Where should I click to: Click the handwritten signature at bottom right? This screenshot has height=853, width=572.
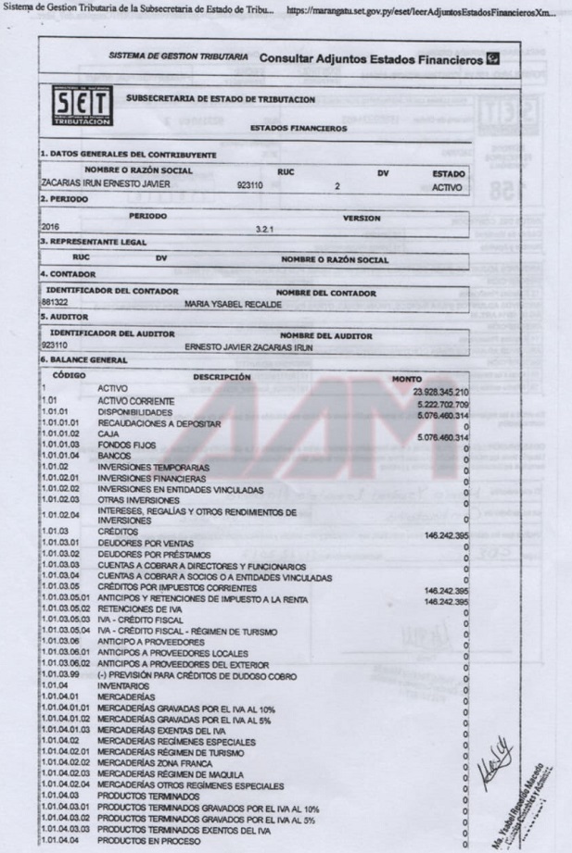tap(496, 765)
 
